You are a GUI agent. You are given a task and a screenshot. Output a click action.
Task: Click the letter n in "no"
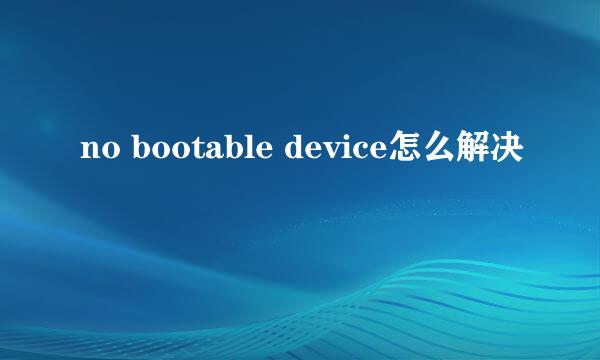[x=89, y=152]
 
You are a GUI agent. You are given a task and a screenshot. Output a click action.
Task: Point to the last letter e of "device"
[x=377, y=152]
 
